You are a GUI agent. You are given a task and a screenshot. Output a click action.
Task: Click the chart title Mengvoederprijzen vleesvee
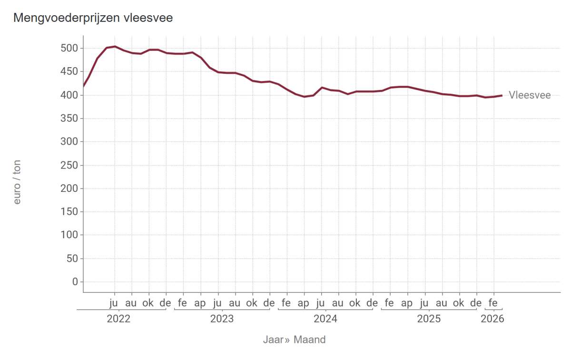93,18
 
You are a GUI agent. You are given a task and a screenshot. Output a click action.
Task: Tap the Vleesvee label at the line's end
530,95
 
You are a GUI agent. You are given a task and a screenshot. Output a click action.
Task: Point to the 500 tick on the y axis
68,49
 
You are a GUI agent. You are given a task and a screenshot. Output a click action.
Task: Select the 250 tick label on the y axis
68,165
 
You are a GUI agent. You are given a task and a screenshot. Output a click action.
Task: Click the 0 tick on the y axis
74,282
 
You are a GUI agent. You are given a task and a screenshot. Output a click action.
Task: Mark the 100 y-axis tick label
68,235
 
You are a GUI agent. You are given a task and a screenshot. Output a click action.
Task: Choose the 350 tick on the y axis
68,119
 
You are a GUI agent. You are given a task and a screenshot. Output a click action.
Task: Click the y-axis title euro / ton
18,182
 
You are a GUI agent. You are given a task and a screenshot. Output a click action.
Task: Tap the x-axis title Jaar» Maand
295,340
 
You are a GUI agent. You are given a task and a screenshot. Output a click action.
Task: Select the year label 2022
118,319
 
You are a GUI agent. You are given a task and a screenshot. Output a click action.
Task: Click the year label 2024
325,319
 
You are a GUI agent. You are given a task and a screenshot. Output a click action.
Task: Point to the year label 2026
492,319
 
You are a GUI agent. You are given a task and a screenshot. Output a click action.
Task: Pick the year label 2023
222,319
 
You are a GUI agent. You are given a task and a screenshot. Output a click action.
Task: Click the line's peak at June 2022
115,47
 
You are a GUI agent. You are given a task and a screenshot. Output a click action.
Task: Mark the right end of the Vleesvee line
502,95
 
